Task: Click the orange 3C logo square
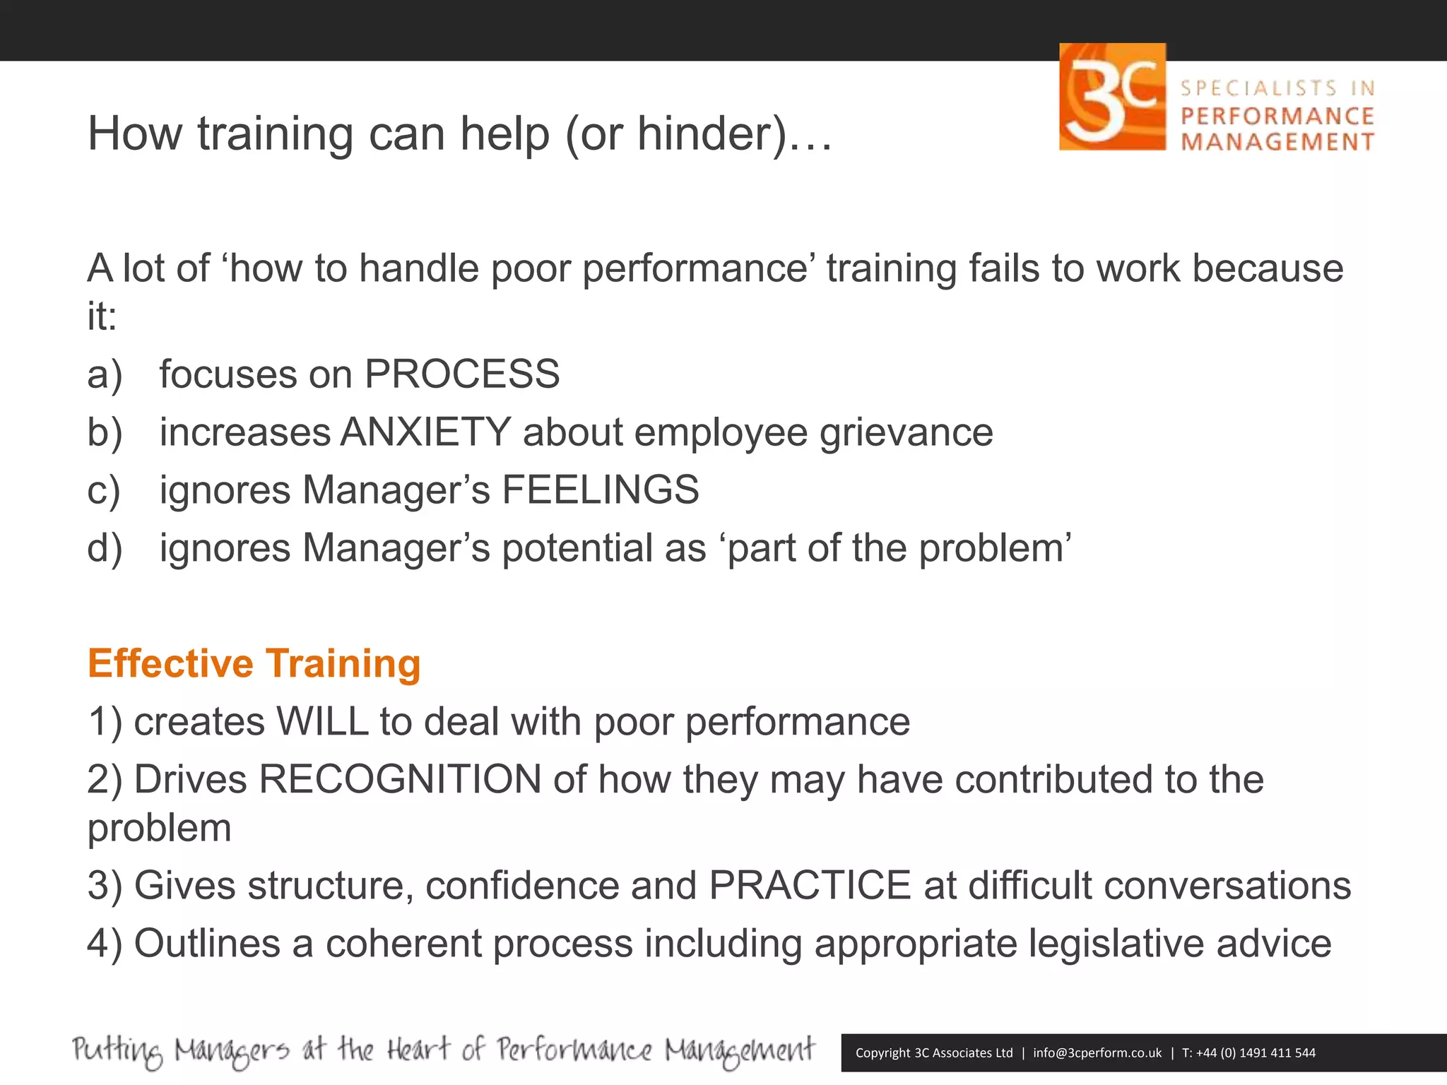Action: click(1112, 97)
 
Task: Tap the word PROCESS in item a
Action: click(462, 374)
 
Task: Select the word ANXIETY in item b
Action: click(425, 432)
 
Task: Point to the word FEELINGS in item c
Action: click(601, 490)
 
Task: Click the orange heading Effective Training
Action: click(254, 663)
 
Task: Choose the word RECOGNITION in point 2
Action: click(401, 779)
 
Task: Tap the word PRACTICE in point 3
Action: click(810, 885)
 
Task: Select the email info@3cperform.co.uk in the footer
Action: click(1097, 1053)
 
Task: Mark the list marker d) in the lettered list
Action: click(105, 547)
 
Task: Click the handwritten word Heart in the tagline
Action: click(418, 1050)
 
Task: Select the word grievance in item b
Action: click(906, 432)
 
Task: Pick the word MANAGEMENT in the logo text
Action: click(1277, 142)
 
